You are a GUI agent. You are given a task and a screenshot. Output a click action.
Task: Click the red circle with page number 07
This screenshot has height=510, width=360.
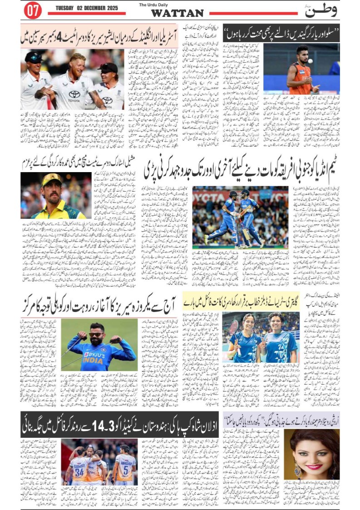[32, 11]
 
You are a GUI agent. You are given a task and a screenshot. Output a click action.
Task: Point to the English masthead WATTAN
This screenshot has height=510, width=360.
[177, 13]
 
